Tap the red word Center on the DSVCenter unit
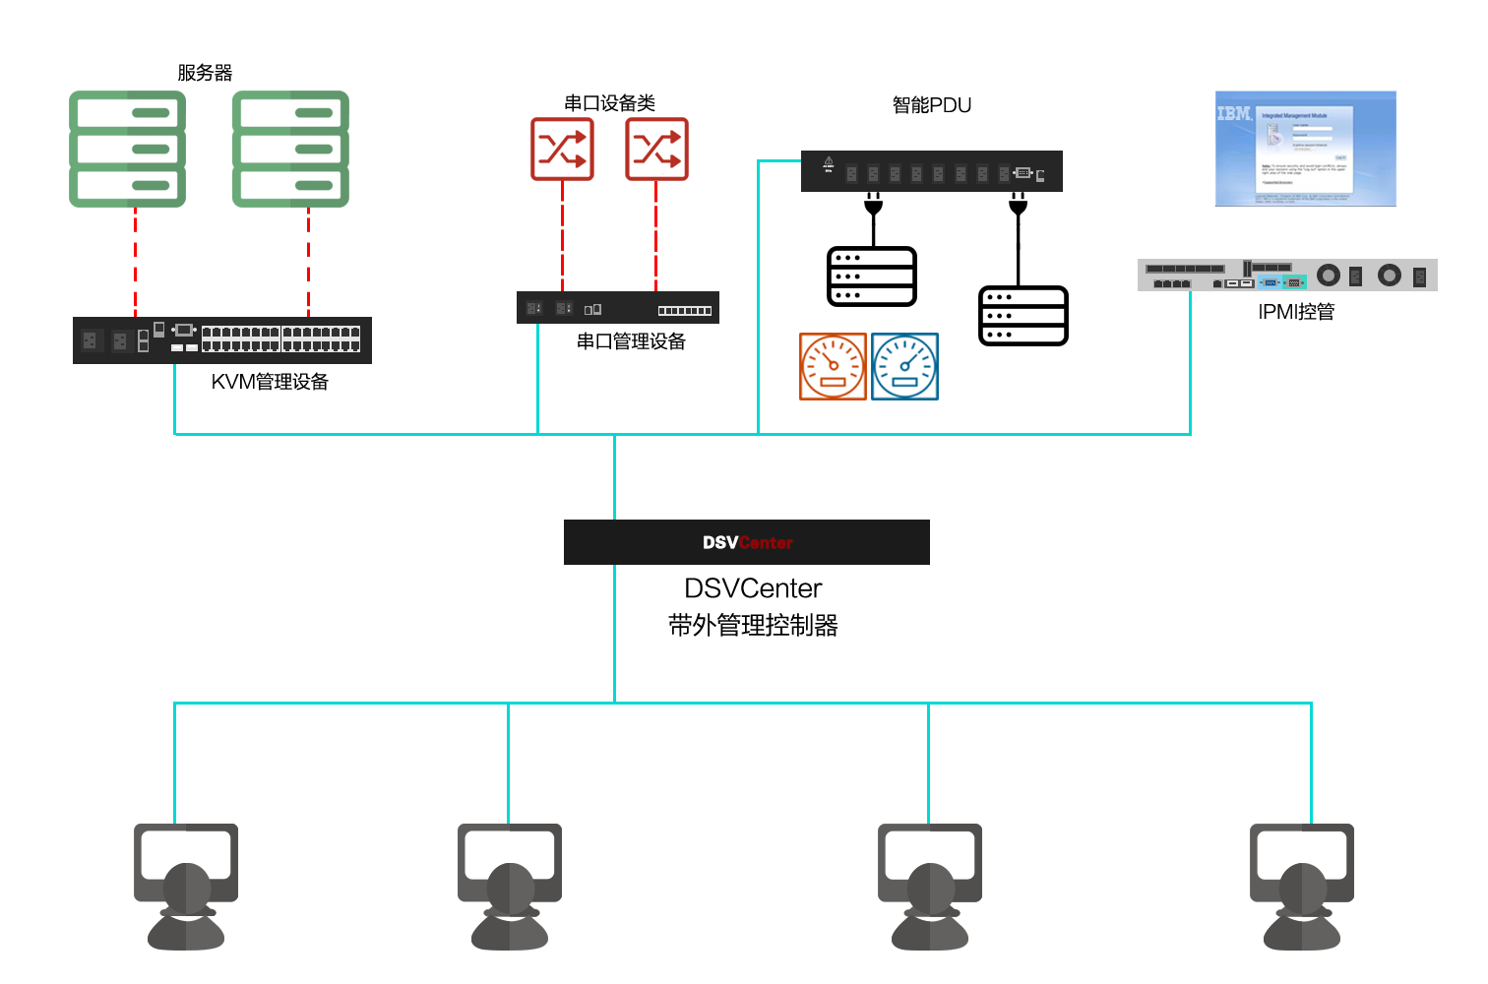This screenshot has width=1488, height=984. point(766,543)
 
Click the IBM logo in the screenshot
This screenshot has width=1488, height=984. point(1233,114)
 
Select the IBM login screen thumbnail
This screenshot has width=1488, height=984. point(1305,149)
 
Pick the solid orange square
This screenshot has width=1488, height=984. point(833,366)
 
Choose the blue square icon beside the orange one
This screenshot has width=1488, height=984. point(904,366)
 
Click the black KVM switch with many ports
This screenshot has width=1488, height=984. point(222,340)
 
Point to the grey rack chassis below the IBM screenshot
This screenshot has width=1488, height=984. point(1286,275)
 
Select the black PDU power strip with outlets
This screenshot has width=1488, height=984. point(930,172)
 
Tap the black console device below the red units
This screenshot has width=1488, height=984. point(617,308)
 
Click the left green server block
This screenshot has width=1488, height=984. point(127,149)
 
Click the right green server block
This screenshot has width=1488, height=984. point(290,149)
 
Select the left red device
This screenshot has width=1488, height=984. point(562,150)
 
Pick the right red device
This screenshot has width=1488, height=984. point(656,150)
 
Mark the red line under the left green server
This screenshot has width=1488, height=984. point(135,261)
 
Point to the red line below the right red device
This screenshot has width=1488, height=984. point(656,236)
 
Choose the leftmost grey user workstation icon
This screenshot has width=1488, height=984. point(186,886)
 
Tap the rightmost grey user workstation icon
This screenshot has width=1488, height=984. point(1301,886)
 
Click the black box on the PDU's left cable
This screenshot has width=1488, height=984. point(872,277)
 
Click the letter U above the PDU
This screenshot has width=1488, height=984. point(964,105)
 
